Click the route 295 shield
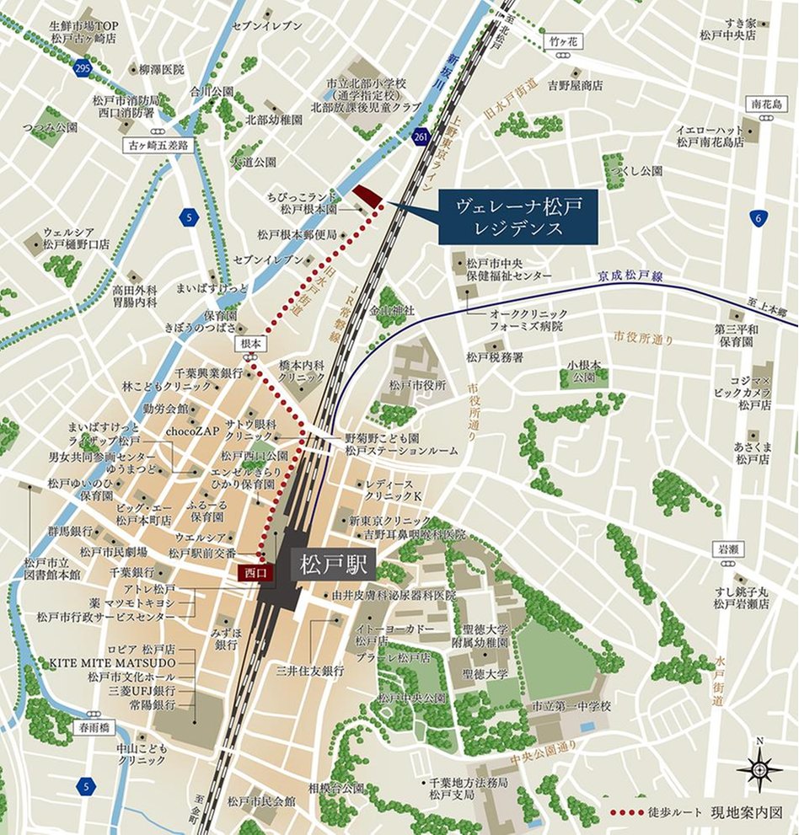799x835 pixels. (81, 69)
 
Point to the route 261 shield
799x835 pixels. (421, 137)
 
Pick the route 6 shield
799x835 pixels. (759, 218)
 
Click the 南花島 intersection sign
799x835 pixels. (767, 104)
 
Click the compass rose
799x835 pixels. (759, 769)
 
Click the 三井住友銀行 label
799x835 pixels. (311, 671)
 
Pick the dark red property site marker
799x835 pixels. (367, 195)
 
